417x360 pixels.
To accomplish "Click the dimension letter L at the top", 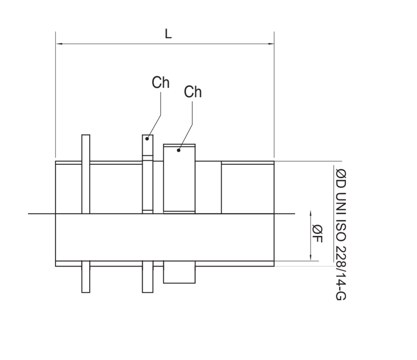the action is click(168, 34).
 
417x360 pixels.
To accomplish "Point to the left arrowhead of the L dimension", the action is click(59, 44).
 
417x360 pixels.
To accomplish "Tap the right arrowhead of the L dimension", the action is click(271, 44).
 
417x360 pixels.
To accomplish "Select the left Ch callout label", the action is click(160, 82).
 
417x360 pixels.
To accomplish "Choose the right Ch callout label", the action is click(193, 92).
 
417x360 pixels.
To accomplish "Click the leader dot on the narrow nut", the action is click(147, 139).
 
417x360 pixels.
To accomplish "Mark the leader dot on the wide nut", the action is click(179, 150).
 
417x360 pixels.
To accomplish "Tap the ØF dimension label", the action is click(317, 234).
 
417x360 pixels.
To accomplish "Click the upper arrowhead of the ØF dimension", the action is click(311, 214).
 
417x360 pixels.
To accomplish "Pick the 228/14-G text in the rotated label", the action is click(341, 273).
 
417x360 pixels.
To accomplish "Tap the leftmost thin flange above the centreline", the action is click(86, 174).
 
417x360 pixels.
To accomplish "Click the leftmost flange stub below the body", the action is click(86, 277).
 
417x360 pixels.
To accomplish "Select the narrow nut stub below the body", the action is click(147, 277).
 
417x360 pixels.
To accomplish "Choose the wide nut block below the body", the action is click(179, 272).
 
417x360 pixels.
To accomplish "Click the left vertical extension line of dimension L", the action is click(55, 95).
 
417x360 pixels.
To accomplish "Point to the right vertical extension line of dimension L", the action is click(274, 95).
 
